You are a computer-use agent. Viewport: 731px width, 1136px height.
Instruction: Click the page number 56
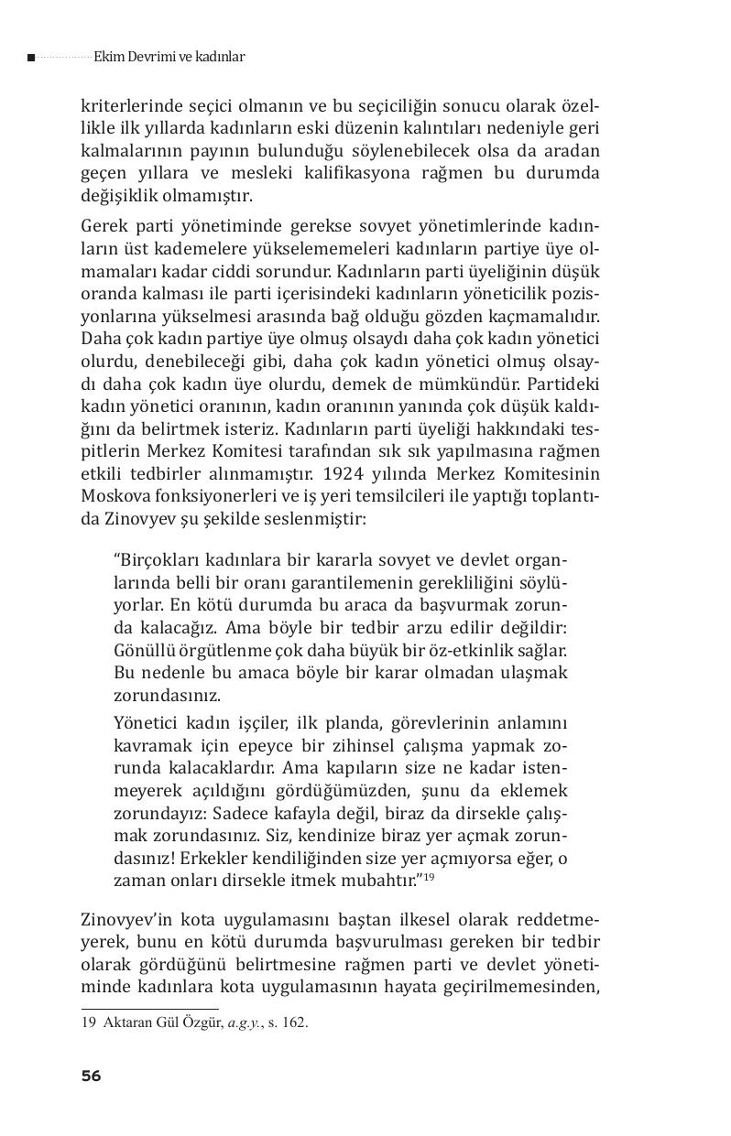point(91,1076)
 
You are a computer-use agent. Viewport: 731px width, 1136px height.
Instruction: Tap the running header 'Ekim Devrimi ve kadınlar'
point(169,57)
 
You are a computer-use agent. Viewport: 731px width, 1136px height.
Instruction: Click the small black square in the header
point(31,58)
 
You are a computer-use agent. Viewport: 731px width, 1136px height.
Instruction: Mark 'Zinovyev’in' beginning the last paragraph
point(125,919)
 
